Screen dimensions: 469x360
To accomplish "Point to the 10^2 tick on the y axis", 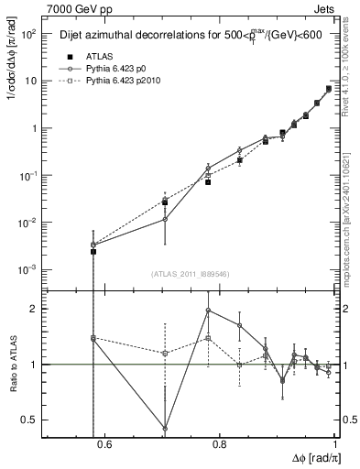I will point(31,34).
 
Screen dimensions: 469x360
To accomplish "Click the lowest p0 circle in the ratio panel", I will point(165,428).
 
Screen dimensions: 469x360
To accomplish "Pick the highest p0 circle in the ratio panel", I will point(209,311).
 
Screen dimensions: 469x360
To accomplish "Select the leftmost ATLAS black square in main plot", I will point(93,251).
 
